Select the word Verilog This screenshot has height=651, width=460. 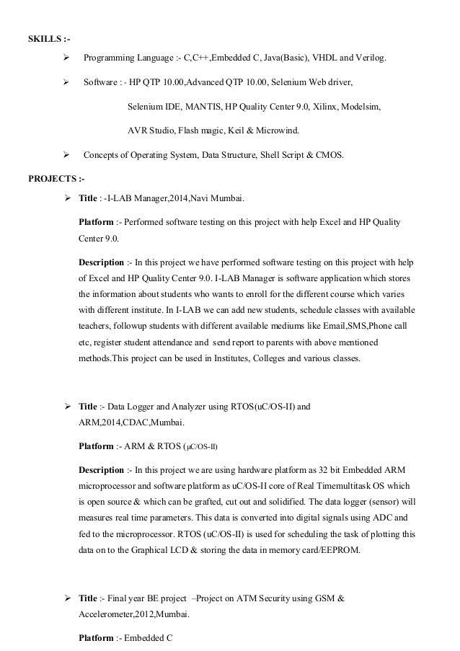tap(371, 57)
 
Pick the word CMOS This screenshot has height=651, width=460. tap(330, 155)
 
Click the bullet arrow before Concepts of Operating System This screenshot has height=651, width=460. tap(66, 155)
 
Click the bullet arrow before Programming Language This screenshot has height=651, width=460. tap(66, 57)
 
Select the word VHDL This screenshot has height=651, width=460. tap(322, 57)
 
